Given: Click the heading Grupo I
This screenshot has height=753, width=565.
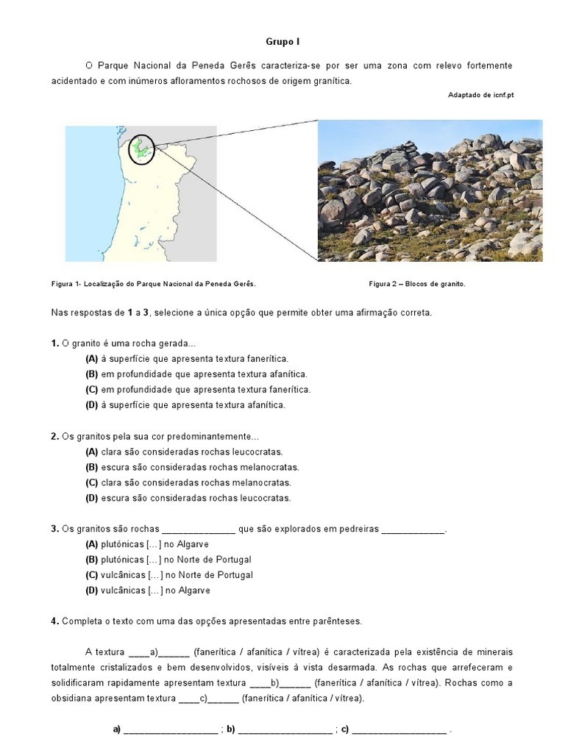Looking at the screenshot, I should point(282,43).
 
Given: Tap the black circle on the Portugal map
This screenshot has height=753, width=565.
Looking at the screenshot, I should point(141,149).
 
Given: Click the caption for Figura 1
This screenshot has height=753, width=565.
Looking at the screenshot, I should point(154,283).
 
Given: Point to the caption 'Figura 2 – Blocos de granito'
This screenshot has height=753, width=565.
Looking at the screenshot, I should point(417,283).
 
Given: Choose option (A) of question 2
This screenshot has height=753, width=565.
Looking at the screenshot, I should point(184,452).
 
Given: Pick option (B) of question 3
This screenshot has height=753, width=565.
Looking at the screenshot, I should point(168,560).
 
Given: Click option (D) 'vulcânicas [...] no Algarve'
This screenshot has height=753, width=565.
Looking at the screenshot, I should point(148,590).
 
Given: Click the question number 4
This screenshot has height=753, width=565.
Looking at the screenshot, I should point(54,621).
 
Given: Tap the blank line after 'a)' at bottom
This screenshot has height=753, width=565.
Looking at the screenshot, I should point(171,730).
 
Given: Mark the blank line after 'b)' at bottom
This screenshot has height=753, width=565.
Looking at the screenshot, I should point(285,730).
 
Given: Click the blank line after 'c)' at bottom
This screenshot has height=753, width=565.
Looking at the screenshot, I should point(399,730).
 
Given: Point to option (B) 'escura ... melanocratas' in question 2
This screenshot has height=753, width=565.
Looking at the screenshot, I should point(192,467).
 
